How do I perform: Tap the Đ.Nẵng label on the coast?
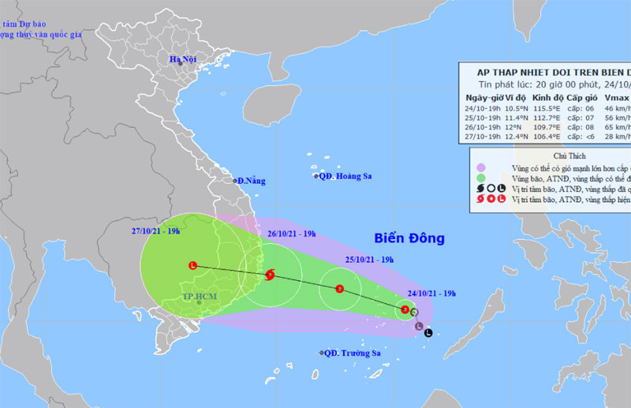[249, 181]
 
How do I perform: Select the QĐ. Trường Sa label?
[350, 353]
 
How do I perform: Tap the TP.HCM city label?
[198, 297]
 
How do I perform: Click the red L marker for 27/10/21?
[193, 265]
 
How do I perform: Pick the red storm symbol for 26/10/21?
[271, 275]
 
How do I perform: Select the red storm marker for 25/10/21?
[339, 289]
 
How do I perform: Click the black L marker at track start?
[428, 333]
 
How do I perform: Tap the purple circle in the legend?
[480, 167]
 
